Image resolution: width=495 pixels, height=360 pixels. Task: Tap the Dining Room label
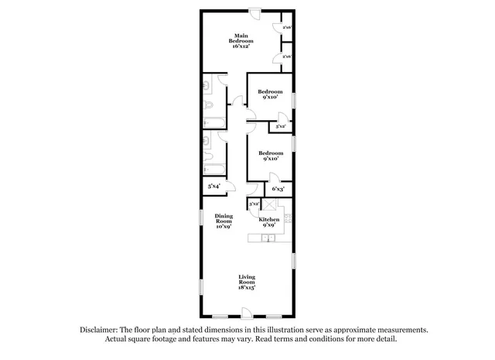[224, 219]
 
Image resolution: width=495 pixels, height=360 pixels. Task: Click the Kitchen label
[269, 220]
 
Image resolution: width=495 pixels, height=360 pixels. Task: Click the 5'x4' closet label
[213, 186]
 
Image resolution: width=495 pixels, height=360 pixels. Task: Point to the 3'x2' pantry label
[254, 204]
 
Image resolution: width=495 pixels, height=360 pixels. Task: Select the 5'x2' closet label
[282, 126]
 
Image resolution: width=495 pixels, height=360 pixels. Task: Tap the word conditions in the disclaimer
[323, 339]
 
